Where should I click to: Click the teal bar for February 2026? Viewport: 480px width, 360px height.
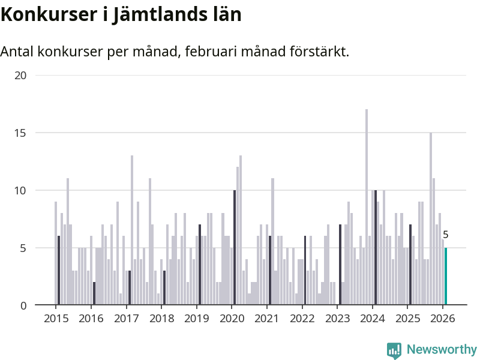click(x=446, y=277)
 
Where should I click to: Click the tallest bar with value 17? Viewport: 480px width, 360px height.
click(x=367, y=207)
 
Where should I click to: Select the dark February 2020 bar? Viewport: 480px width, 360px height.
click(x=235, y=247)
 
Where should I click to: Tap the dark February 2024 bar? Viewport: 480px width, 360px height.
click(x=376, y=247)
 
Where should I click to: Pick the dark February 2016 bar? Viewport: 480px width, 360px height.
click(x=94, y=293)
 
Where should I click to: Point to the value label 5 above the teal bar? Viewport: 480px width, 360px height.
click(x=446, y=235)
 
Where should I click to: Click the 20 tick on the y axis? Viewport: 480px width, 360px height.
click(x=21, y=76)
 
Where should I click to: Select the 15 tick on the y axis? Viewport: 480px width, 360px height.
click(x=21, y=133)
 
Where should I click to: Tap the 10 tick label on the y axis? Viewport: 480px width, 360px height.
click(x=21, y=190)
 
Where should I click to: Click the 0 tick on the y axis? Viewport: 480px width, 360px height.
click(x=24, y=305)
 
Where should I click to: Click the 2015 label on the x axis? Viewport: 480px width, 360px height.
click(x=56, y=319)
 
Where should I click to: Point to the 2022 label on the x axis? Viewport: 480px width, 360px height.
click(x=302, y=319)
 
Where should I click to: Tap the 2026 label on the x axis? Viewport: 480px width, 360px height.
click(x=443, y=319)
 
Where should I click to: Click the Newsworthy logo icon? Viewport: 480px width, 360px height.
click(x=394, y=350)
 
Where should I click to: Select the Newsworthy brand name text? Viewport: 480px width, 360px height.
click(x=442, y=350)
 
